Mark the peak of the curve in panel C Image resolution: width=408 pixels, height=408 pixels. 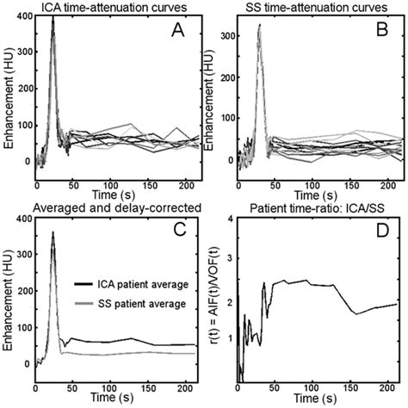[53, 233]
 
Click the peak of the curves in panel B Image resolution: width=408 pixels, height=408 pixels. [259, 26]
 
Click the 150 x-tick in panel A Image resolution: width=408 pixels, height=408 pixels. [142, 185]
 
